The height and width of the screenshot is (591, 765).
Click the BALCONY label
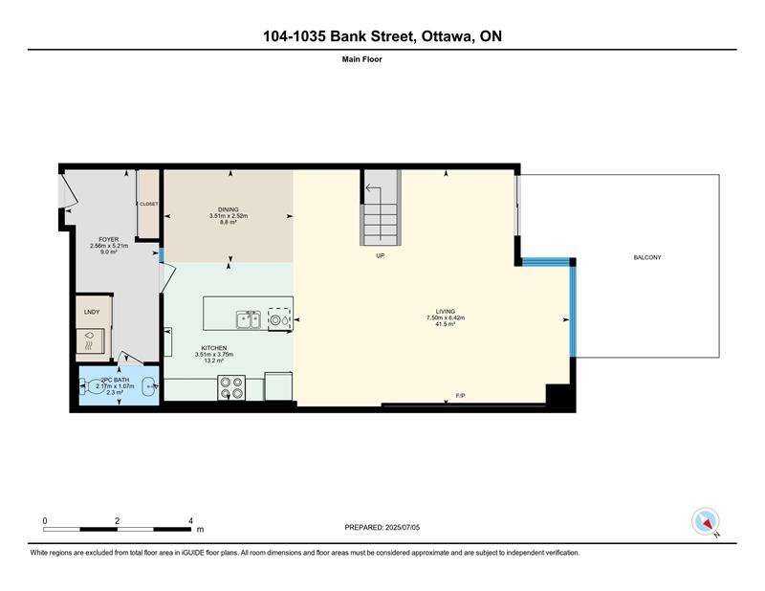tap(647, 257)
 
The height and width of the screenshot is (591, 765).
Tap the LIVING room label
tap(445, 312)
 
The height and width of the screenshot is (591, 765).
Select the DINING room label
tap(229, 209)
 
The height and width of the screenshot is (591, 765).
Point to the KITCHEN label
tap(214, 348)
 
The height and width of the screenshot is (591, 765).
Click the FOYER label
tap(109, 240)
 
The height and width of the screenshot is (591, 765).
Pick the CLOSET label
tap(149, 204)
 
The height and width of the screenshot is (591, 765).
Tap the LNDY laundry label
tap(92, 312)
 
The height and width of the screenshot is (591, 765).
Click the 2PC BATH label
tap(115, 380)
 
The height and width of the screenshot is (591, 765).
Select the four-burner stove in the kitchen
tap(231, 387)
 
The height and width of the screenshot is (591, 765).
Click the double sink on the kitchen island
tap(249, 319)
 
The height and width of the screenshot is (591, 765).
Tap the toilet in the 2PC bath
tap(92, 387)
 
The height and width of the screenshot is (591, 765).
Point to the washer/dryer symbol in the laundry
tap(91, 340)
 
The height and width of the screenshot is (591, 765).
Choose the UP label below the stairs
tap(380, 255)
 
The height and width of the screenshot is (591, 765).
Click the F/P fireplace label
tap(460, 396)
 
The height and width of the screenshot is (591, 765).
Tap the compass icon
tap(706, 522)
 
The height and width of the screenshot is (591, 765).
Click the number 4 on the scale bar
tap(190, 521)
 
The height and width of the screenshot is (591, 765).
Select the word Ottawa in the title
tap(447, 36)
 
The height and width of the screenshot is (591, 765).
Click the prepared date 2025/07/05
tap(403, 528)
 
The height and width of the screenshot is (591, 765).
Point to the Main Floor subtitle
tap(362, 59)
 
